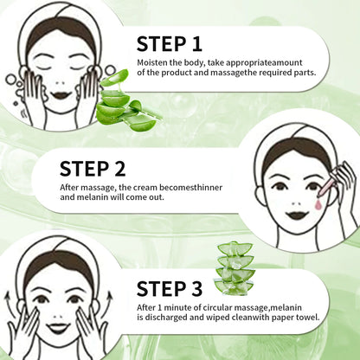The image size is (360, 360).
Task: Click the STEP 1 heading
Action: (170, 44)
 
